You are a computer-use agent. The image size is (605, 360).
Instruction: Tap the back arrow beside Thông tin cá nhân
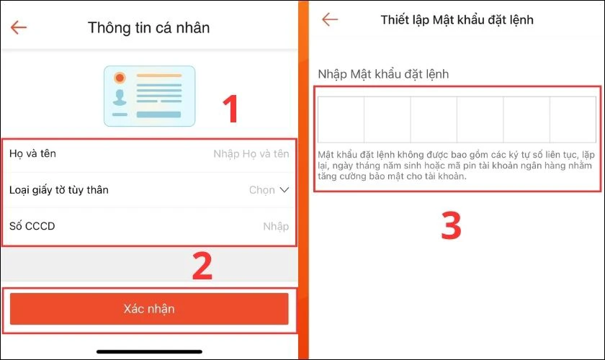18,27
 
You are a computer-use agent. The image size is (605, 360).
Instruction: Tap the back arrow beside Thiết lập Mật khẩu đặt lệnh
330,19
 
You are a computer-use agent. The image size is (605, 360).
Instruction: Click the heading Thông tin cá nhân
149,27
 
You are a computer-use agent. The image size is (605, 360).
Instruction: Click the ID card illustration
149,96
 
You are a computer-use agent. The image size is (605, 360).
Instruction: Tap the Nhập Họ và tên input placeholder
251,153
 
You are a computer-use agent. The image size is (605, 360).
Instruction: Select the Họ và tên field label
32,153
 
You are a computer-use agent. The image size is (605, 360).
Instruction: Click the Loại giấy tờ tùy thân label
59,190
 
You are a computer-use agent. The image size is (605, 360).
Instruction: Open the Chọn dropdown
269,190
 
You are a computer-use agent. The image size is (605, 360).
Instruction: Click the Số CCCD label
32,226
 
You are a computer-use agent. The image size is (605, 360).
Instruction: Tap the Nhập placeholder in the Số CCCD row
275,226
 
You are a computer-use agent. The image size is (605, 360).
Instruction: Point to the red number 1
229,110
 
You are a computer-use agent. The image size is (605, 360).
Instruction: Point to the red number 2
202,266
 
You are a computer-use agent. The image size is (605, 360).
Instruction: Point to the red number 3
451,225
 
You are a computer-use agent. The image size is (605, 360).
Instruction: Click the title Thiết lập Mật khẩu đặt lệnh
457,19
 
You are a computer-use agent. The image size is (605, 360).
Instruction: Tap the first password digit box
341,119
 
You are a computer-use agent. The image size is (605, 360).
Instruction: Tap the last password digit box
573,119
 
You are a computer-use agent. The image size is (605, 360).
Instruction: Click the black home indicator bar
149,352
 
